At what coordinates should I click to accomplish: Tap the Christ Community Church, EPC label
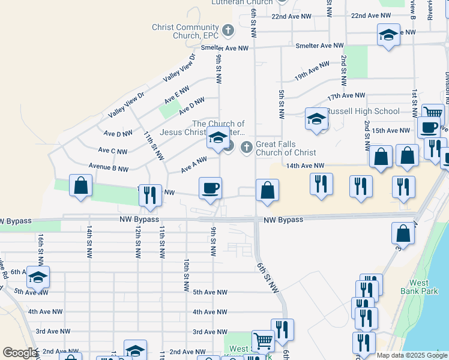pos(185,31)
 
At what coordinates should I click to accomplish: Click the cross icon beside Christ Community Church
pos(228,29)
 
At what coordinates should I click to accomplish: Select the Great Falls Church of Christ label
pos(286,148)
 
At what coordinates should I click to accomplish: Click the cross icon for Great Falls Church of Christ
pos(246,147)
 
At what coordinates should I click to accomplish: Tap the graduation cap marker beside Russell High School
pos(316,119)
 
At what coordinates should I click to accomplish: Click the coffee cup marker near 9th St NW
pos(211,188)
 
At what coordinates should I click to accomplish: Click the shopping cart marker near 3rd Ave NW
pos(263,341)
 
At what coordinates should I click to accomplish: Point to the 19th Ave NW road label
pos(312,71)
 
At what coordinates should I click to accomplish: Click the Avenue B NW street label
pos(108,169)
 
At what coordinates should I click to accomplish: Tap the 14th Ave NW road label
pos(305,166)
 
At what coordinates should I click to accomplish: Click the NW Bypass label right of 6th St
pos(283,220)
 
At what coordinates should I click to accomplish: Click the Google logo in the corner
pos(20,353)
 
